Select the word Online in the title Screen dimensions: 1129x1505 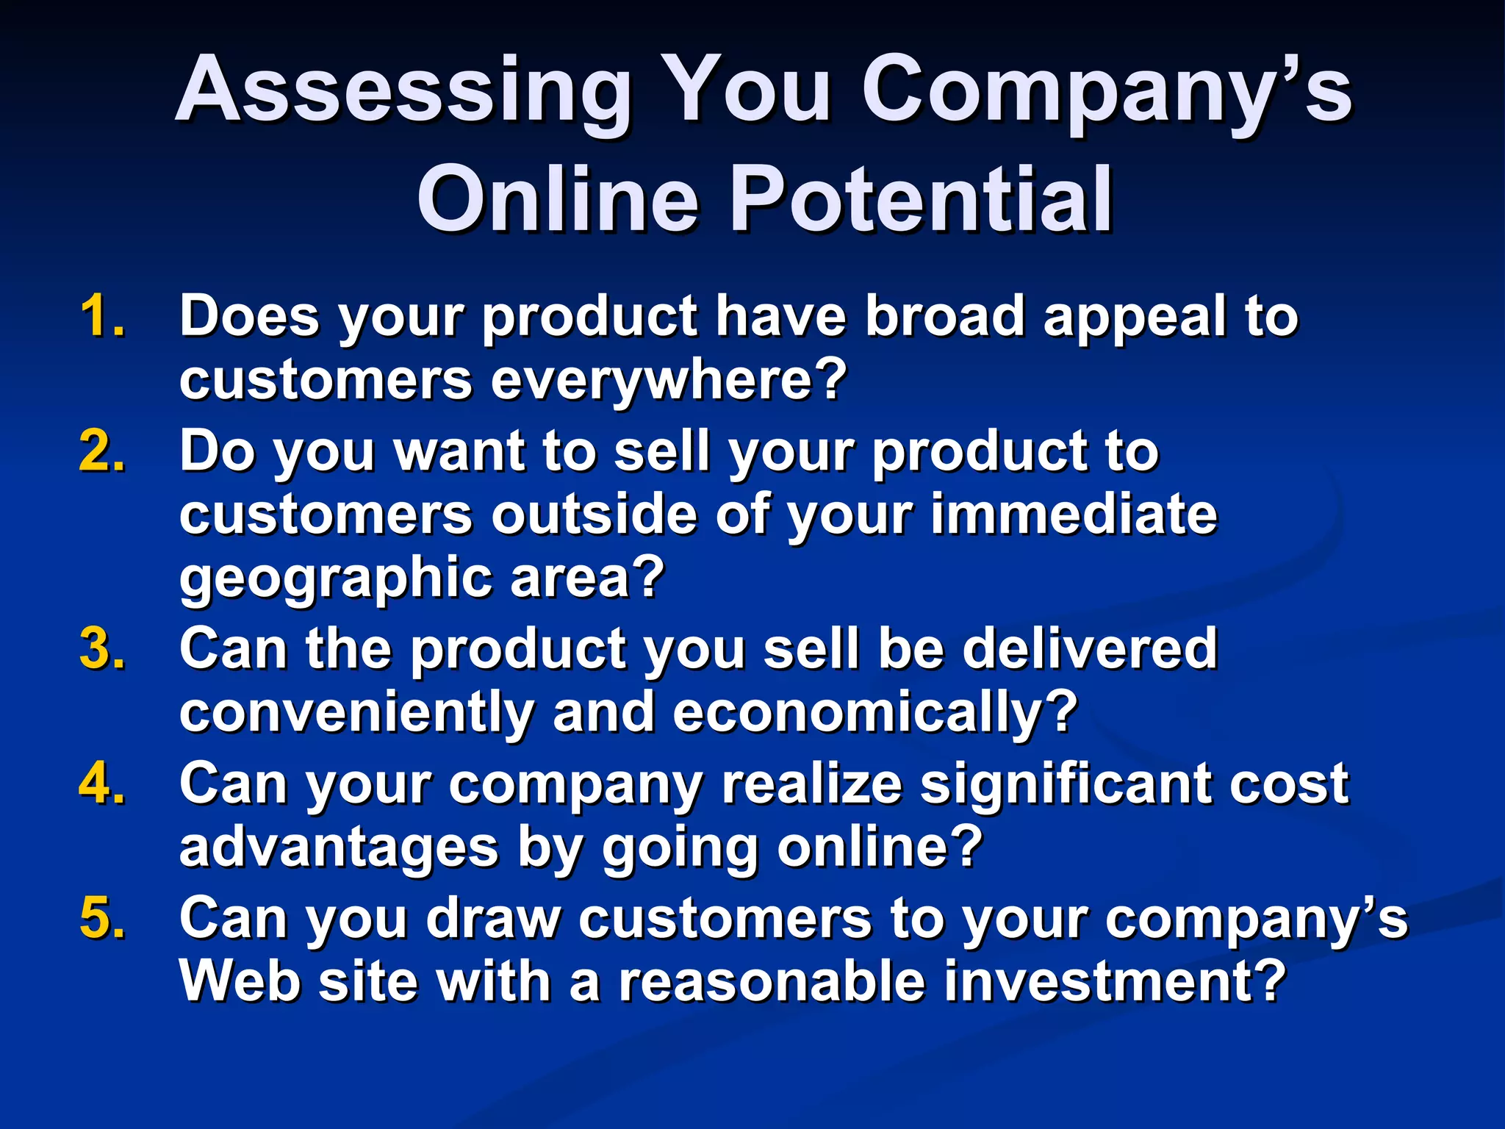click(558, 200)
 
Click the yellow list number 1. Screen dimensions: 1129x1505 click(101, 316)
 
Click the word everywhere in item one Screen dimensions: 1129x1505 click(669, 380)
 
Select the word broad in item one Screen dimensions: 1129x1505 click(944, 316)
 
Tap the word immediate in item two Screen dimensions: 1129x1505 click(1074, 514)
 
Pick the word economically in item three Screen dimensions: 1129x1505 click(874, 713)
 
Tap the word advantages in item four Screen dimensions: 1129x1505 click(339, 847)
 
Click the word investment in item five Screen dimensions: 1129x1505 click(1113, 981)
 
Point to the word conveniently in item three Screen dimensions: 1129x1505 click(356, 713)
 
